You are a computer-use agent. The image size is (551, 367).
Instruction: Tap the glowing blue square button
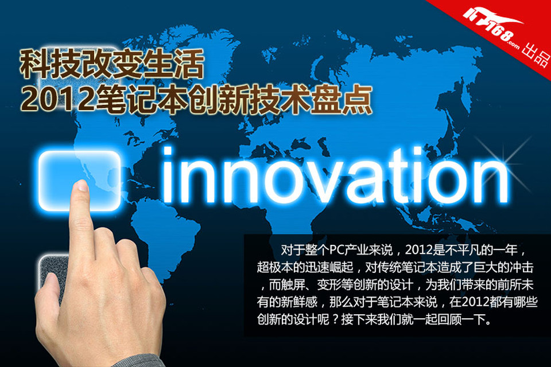[x=79, y=181]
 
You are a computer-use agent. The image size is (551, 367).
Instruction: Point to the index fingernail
[x=83, y=185]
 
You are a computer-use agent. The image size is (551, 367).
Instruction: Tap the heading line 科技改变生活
[x=112, y=64]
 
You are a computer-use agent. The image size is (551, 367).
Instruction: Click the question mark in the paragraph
[x=336, y=320]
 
